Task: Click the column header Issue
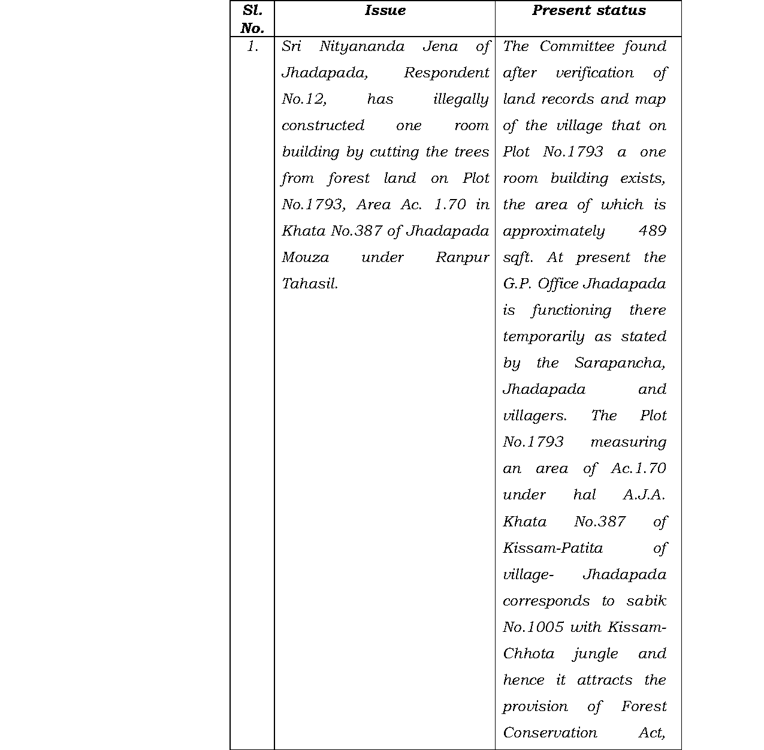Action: (385, 11)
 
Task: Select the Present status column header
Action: (588, 11)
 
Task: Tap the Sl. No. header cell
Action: (252, 19)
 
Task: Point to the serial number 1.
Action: (252, 47)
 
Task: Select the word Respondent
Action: (446, 73)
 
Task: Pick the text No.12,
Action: (304, 100)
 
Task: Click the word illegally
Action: (461, 100)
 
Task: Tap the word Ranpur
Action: (462, 258)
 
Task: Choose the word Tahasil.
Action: (310, 284)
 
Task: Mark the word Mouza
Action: (305, 258)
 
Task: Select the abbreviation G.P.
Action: (516, 284)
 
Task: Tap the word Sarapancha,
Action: (620, 363)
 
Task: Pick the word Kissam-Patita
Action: (552, 548)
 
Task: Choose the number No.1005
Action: (533, 627)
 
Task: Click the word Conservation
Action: (549, 733)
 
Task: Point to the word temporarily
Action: (543, 337)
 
